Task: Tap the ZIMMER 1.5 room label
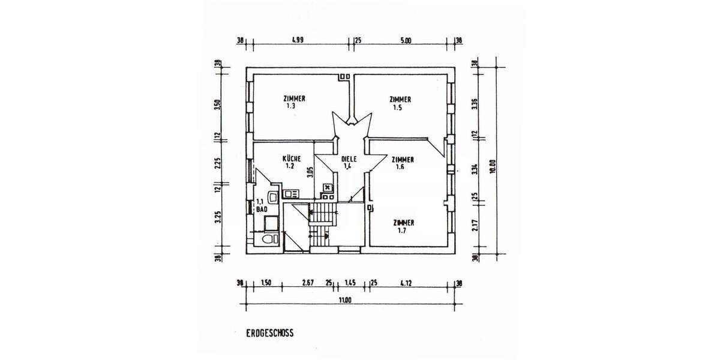point(400,103)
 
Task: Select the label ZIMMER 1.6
point(402,163)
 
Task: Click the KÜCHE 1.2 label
point(292,162)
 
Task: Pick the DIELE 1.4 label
point(349,163)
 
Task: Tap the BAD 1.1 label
point(261,206)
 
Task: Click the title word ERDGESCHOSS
point(269,332)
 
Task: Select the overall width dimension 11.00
point(344,300)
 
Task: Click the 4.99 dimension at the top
point(297,41)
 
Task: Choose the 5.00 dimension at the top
point(405,41)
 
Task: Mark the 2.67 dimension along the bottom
point(308,283)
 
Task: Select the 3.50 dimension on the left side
point(218,105)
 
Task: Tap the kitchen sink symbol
point(292,193)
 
